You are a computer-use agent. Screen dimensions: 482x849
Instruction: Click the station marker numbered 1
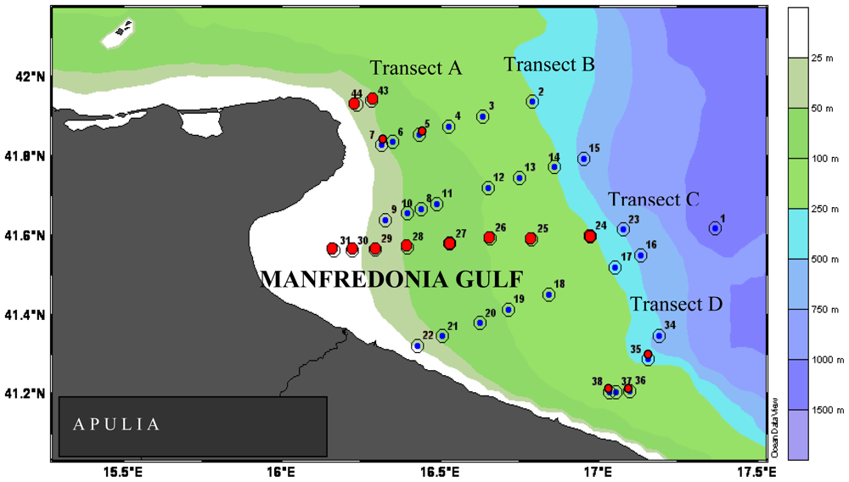[x=715, y=228]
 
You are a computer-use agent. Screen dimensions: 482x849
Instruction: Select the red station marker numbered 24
[x=590, y=236]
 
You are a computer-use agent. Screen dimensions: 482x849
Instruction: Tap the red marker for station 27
[x=450, y=244]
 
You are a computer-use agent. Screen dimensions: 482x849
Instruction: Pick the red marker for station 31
[x=333, y=249]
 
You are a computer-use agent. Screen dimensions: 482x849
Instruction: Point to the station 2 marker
[x=532, y=102]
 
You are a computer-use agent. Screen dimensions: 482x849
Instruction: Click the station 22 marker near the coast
[x=418, y=346]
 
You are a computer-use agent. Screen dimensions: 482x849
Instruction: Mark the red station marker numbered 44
[x=355, y=104]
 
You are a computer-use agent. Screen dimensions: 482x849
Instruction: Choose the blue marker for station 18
[x=549, y=295]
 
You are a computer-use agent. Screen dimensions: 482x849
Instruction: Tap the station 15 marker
[x=584, y=159]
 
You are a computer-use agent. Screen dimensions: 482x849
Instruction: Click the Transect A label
[x=415, y=69]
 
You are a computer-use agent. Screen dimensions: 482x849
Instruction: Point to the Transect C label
[x=653, y=199]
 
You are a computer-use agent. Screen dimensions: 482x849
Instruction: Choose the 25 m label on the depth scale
[x=821, y=59]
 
